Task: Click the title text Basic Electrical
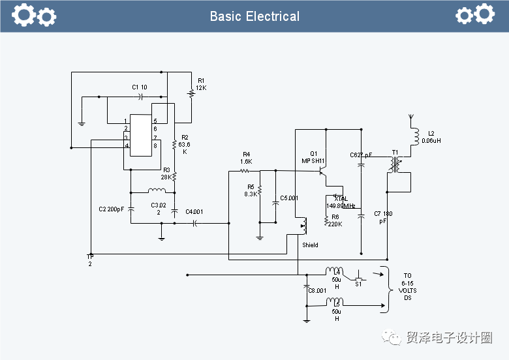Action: pyautogui.click(x=254, y=16)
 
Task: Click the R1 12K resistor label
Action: pyautogui.click(x=201, y=84)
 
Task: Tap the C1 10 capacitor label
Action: pyautogui.click(x=139, y=87)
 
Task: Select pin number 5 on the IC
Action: pyautogui.click(x=155, y=121)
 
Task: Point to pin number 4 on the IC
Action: pyautogui.click(x=125, y=145)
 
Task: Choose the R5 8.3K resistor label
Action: pyautogui.click(x=249, y=190)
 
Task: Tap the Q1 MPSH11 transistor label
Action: pyautogui.click(x=313, y=157)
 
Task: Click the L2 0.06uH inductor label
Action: pyautogui.click(x=431, y=137)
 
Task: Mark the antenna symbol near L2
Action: pyautogui.click(x=410, y=121)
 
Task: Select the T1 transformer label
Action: pyautogui.click(x=395, y=153)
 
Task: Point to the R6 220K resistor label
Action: pyautogui.click(x=335, y=220)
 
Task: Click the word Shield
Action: pyautogui.click(x=310, y=245)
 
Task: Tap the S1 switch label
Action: pyautogui.click(x=358, y=284)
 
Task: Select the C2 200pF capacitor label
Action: pyautogui.click(x=111, y=209)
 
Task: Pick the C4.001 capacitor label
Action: pyautogui.click(x=194, y=211)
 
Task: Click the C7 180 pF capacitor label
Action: pyautogui.click(x=383, y=217)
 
